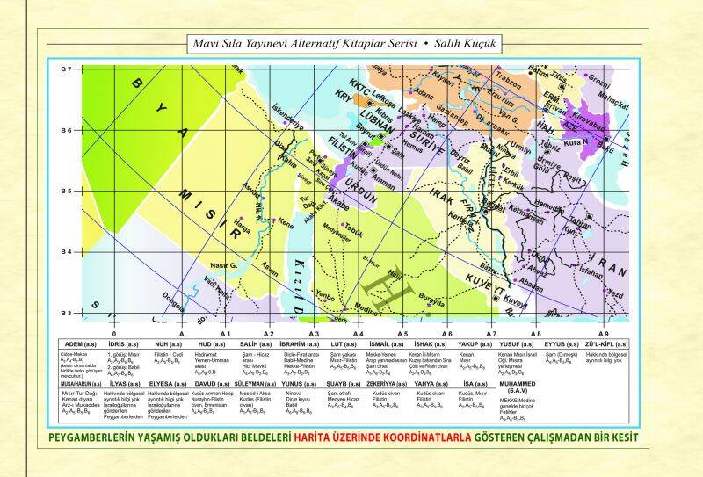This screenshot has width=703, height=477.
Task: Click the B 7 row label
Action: coord(65,69)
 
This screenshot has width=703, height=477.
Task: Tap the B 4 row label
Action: coord(65,252)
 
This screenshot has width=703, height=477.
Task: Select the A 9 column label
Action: coord(603,334)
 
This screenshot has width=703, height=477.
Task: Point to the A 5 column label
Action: coord(402,334)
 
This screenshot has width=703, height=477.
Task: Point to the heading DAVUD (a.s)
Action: coord(212,383)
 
